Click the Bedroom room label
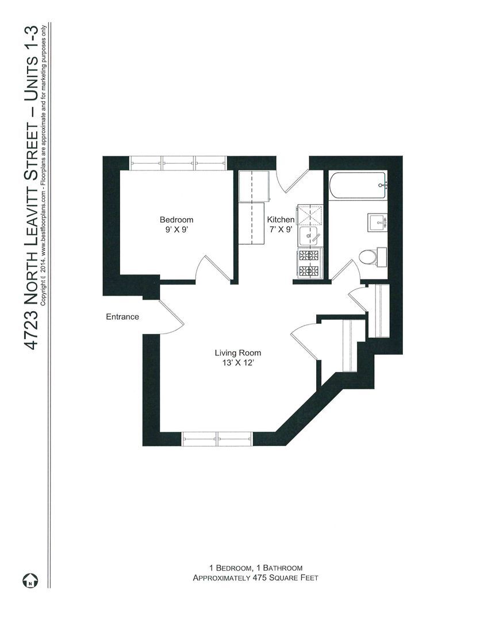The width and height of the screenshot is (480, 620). coord(176,220)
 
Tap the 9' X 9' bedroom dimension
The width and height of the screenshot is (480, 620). coord(176,230)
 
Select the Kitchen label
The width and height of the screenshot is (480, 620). coord(281,220)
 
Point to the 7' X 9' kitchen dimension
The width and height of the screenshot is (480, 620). coord(281,230)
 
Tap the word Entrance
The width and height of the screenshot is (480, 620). coord(122,317)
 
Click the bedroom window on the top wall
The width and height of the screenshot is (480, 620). coord(178,163)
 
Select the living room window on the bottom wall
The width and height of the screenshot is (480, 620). coord(217,439)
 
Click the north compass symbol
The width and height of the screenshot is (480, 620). coord(30,581)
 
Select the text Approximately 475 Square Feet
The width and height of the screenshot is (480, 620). coord(255,578)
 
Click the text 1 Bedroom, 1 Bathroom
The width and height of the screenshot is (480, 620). coord(255,568)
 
